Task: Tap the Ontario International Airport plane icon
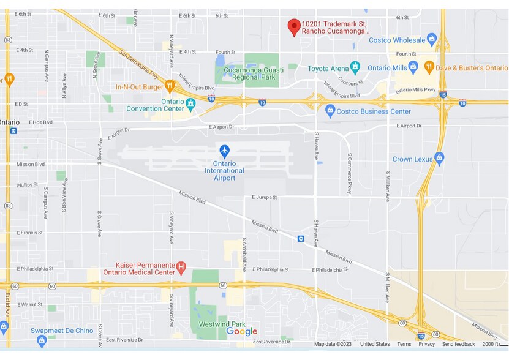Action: pyautogui.click(x=224, y=150)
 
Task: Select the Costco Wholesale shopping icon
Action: pyautogui.click(x=432, y=40)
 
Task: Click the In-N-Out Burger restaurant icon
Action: pyautogui.click(x=170, y=86)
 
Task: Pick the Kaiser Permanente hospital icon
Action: pyautogui.click(x=181, y=267)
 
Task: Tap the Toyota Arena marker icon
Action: pyautogui.click(x=355, y=67)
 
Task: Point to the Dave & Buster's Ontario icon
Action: pyautogui.click(x=429, y=67)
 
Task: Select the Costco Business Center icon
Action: pyautogui.click(x=331, y=111)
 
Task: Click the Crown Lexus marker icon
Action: pyautogui.click(x=439, y=159)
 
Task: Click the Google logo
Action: pyautogui.click(x=242, y=331)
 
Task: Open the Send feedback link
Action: pyautogui.click(x=459, y=344)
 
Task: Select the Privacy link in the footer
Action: pyautogui.click(x=426, y=344)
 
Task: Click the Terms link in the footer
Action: pyautogui.click(x=404, y=344)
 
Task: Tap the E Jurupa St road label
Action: pyautogui.click(x=265, y=198)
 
